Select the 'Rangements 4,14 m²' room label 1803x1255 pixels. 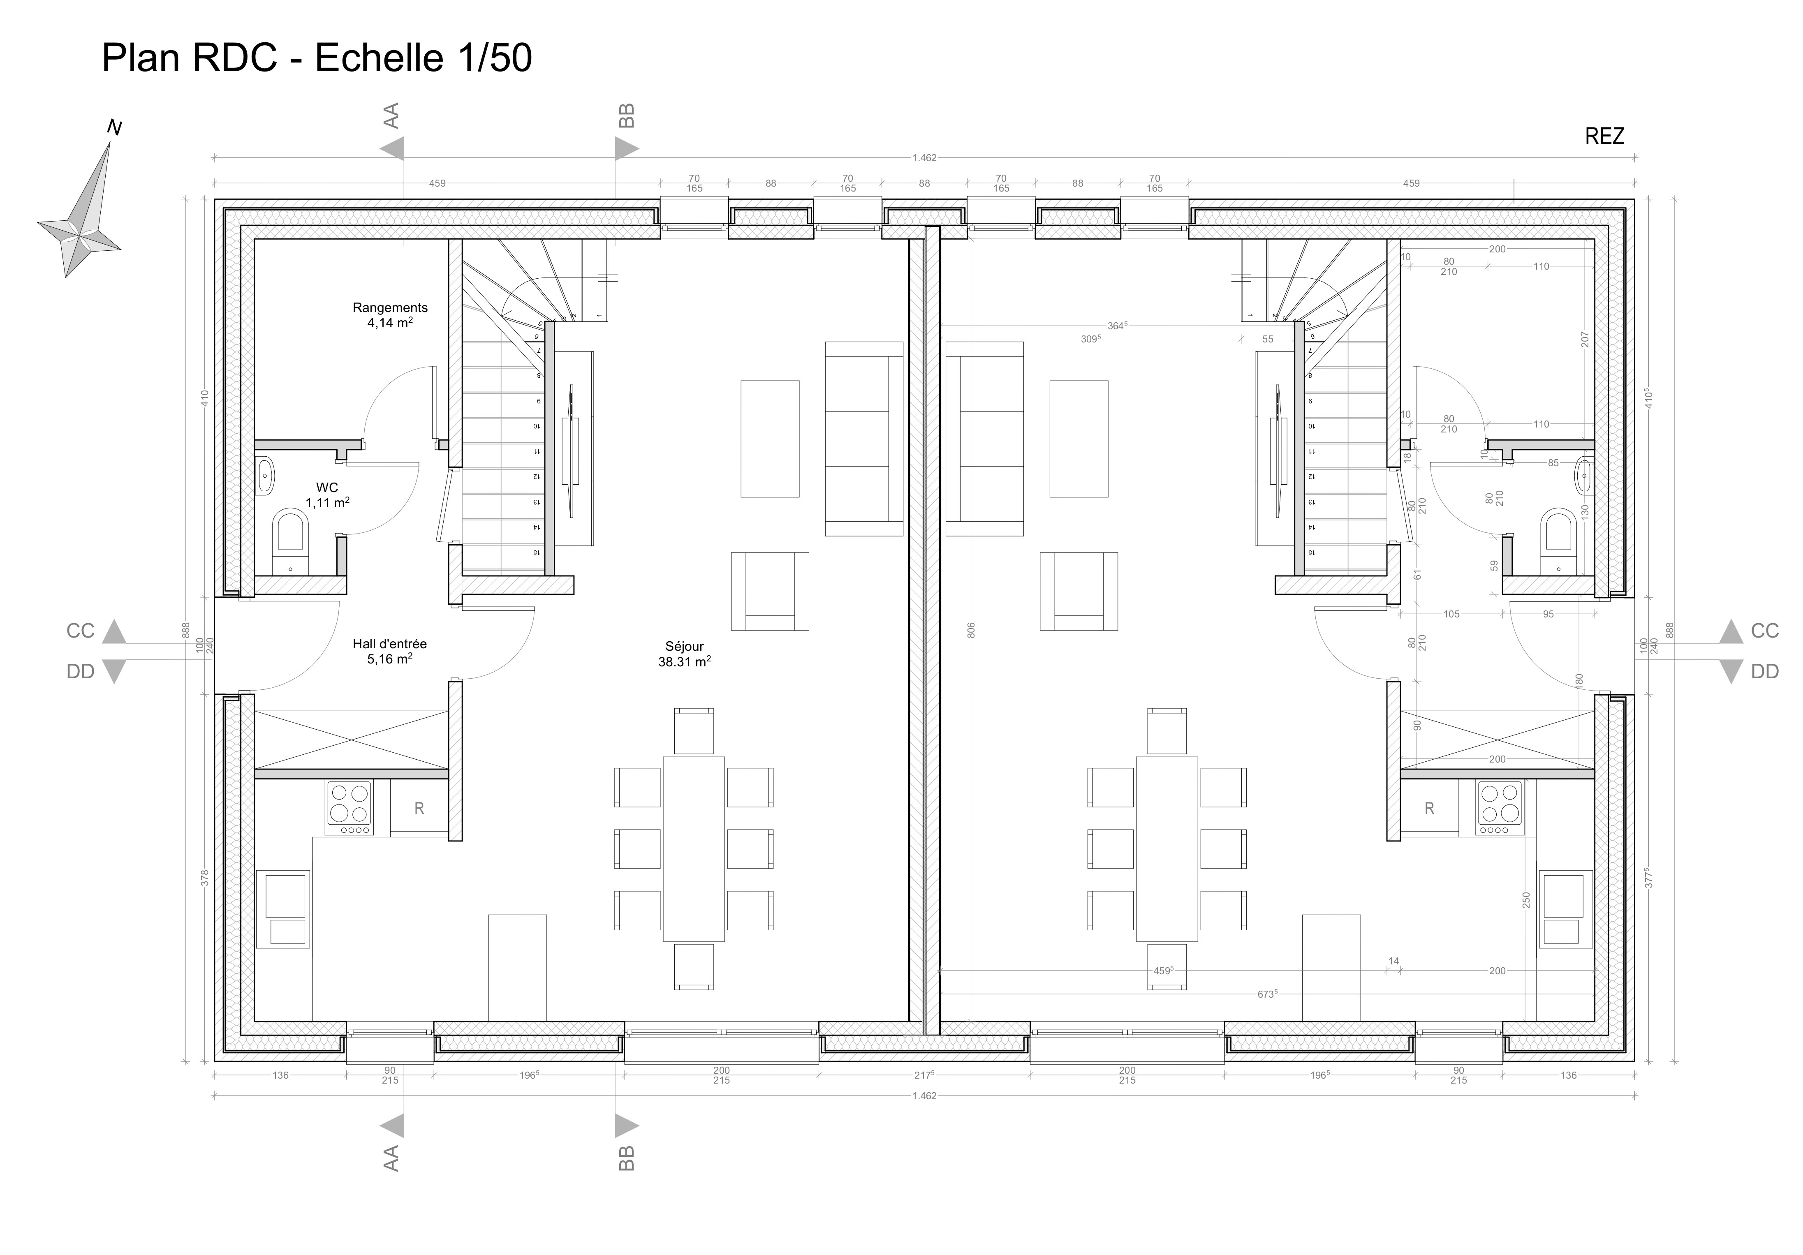point(389,315)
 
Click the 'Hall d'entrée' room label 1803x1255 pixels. point(389,644)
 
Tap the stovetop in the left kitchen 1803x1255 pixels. point(349,808)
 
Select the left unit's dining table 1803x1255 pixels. point(693,848)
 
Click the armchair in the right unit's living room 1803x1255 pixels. point(1078,591)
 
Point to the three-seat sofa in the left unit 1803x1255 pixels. point(864,439)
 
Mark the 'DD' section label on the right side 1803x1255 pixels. point(1764,671)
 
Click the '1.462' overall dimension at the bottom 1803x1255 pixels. point(924,1095)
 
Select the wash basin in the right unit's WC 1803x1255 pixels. point(1583,476)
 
